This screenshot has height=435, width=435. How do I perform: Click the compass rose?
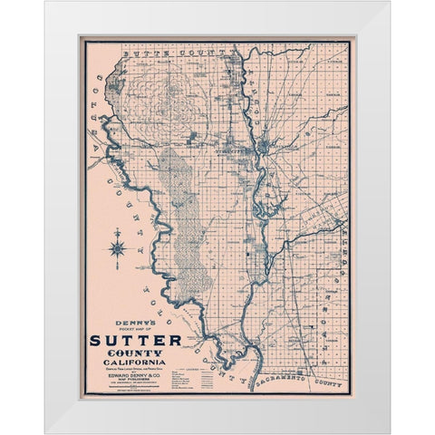click(x=118, y=246)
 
